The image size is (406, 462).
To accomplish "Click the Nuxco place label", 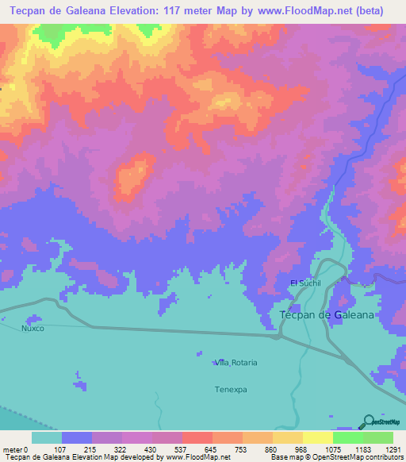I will (33, 327).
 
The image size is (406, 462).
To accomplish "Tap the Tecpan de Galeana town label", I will (327, 315).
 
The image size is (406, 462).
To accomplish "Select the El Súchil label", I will (304, 283).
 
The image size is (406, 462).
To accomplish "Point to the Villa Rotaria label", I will (236, 363).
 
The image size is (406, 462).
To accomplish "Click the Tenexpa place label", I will (232, 390).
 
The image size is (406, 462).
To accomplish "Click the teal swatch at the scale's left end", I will (46, 437).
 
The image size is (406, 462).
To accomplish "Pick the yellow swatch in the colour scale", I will (317, 437).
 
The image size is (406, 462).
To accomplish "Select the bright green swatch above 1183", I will (347, 437).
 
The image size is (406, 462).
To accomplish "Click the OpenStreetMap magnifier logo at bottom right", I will (367, 422).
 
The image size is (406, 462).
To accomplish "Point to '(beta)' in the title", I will (369, 11).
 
